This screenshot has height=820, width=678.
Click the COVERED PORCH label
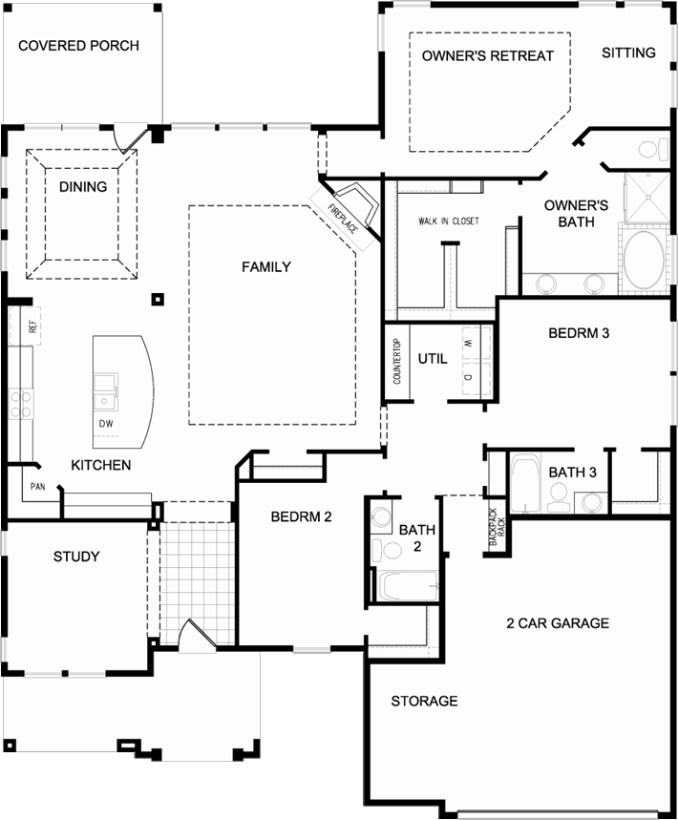[x=78, y=46]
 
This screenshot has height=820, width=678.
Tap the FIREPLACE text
[x=343, y=219]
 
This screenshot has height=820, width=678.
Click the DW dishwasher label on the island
[x=106, y=424]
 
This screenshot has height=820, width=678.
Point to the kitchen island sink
[x=106, y=392]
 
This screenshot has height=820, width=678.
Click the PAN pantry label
[x=37, y=487]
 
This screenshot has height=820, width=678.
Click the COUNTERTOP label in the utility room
[x=397, y=362]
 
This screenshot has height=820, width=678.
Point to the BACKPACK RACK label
[x=497, y=527]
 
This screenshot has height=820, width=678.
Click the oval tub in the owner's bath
[x=644, y=260]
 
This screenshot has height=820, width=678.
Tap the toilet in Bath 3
[x=559, y=496]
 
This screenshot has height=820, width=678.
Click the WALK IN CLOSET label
[x=449, y=221]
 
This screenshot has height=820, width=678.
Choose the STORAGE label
[x=424, y=701]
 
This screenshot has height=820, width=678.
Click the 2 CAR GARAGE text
[x=558, y=622]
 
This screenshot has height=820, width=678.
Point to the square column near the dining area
[x=158, y=300]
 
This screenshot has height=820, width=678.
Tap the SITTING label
[x=628, y=53]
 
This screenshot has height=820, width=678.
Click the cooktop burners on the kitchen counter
[x=21, y=403]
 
